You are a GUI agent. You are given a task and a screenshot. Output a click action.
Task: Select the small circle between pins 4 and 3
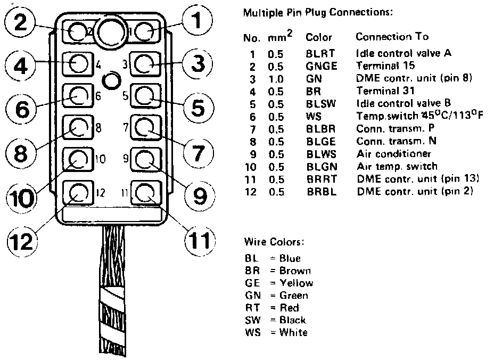(111, 80)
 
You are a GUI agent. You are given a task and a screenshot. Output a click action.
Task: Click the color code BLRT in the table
(321, 54)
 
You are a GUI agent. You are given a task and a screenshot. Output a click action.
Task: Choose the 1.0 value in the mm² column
(276, 78)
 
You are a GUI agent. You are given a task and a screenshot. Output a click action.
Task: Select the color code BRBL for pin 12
(322, 191)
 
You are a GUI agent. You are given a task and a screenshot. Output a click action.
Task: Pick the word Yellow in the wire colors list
(297, 283)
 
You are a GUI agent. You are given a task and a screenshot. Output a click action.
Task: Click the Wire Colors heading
(274, 242)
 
